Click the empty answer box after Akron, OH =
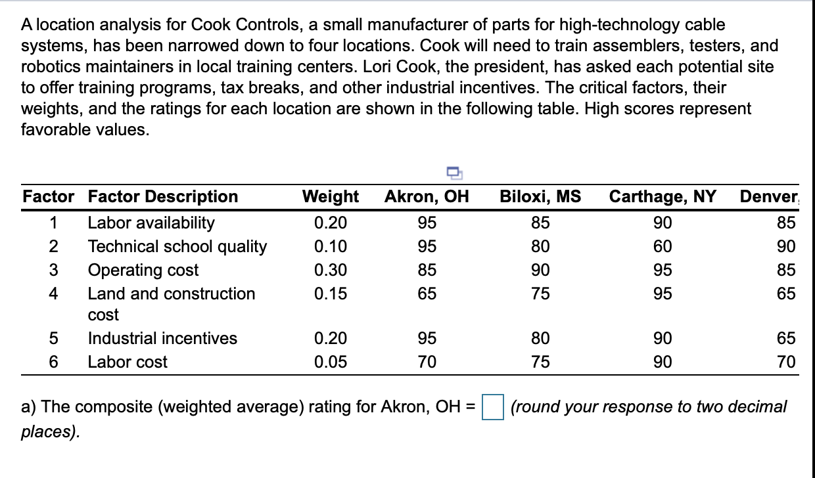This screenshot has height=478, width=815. click(493, 407)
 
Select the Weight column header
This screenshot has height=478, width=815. click(330, 197)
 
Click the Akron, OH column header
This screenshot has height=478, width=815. click(427, 197)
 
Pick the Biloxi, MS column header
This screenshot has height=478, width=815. click(540, 197)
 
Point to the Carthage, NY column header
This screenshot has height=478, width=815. click(663, 197)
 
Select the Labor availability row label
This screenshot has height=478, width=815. click(151, 223)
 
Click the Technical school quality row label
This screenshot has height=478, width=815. click(177, 247)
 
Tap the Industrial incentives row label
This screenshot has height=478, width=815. click(162, 339)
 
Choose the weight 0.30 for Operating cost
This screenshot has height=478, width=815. click(331, 271)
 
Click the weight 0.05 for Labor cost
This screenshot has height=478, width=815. click(331, 362)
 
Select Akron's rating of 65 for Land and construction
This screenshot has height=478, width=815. click(427, 294)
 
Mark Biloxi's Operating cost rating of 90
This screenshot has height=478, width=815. click(540, 271)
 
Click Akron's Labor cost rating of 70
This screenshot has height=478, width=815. click(427, 362)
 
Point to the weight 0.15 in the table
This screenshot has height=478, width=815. click(331, 294)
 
